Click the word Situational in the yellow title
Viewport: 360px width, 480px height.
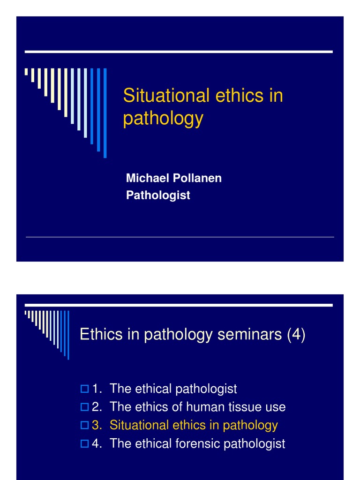[x=166, y=96]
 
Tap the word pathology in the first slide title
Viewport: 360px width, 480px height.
[x=163, y=119]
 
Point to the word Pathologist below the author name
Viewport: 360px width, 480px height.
[x=158, y=195]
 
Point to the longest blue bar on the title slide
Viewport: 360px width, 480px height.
[x=105, y=112]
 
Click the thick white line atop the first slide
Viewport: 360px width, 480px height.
[x=179, y=52]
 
